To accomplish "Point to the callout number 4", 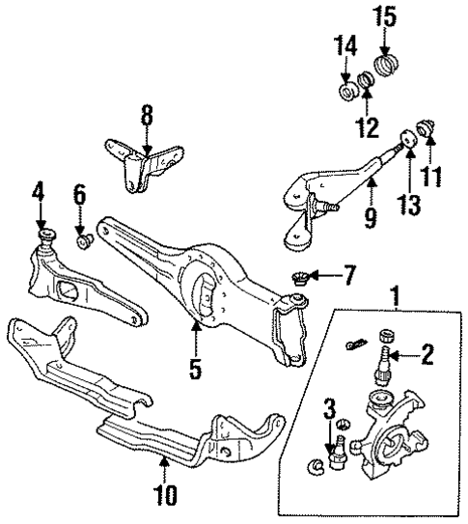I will tap(38, 192).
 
